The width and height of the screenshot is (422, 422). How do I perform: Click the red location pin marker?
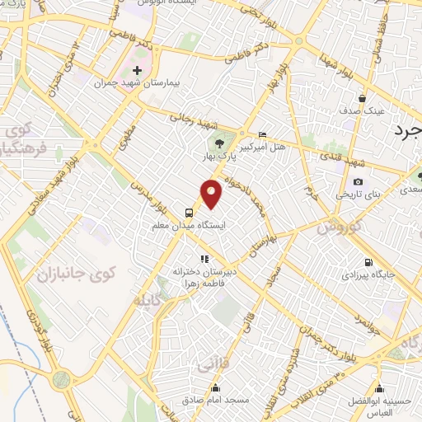point(213,193)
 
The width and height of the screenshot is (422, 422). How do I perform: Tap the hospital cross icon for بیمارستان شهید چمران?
point(137,70)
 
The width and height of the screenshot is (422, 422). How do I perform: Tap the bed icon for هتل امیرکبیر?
point(262,134)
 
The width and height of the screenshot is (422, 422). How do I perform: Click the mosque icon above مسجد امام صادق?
point(215,388)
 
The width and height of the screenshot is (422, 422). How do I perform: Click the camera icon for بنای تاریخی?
point(358,182)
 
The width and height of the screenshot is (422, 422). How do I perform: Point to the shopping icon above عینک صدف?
point(361,98)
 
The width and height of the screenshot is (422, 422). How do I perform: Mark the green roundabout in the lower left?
point(60,381)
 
